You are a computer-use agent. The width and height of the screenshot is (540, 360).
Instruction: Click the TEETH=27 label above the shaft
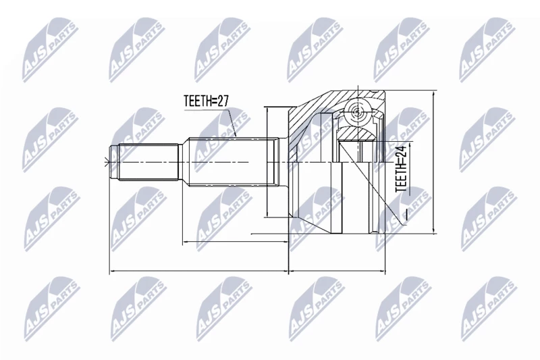(x=207, y=101)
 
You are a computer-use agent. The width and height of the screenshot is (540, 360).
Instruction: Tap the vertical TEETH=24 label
(x=401, y=168)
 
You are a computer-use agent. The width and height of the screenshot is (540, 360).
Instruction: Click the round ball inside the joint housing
(x=357, y=111)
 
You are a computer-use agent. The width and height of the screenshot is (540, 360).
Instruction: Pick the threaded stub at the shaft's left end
(x=144, y=162)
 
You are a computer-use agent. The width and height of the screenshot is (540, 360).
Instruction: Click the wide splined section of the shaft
(x=232, y=162)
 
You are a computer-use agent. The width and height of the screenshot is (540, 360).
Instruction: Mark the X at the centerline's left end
(x=106, y=162)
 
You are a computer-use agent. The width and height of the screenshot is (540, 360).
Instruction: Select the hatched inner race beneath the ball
(x=356, y=134)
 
